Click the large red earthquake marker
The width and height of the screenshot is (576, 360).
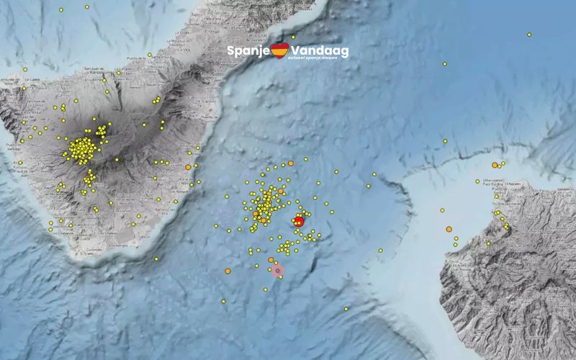pyautogui.click(x=299, y=221)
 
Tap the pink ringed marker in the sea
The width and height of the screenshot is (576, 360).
pyautogui.click(x=278, y=271)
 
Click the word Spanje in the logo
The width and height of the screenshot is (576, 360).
pyautogui.click(x=248, y=50)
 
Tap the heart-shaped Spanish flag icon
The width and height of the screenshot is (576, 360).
pyautogui.click(x=279, y=50)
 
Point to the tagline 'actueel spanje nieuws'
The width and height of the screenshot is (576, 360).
pyautogui.click(x=317, y=58)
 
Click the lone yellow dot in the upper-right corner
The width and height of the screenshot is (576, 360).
pyautogui.click(x=528, y=34)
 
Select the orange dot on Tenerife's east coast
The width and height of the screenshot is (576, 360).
pyautogui.click(x=188, y=167)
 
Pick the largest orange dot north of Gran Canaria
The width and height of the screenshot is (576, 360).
pyautogui.click(x=495, y=166)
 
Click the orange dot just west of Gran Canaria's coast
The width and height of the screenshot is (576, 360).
pyautogui.click(x=449, y=229)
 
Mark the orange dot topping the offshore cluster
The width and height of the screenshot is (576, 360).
pyautogui.click(x=290, y=163)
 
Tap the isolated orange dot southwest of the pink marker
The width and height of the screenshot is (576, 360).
pyautogui.click(x=228, y=271)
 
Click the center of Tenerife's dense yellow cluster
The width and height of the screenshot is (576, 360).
pyautogui.click(x=84, y=148)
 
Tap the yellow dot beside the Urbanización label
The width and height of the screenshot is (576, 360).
pyautogui.click(x=477, y=181)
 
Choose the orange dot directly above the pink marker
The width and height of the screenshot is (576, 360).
pyautogui.click(x=271, y=260)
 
